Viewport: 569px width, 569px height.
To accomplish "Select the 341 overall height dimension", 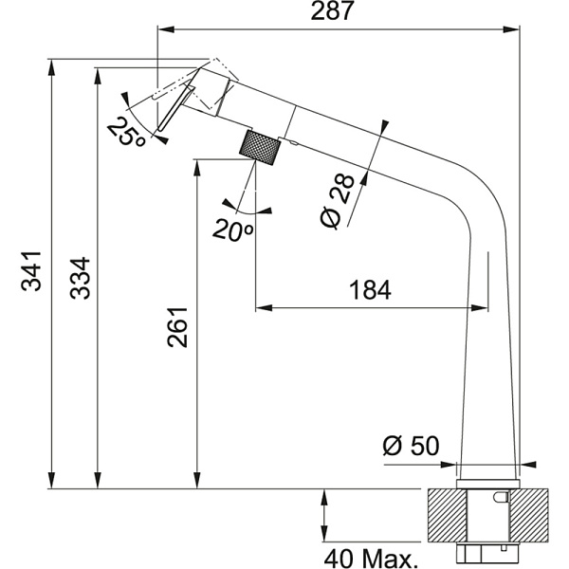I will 31,271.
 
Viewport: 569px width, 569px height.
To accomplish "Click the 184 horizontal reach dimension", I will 369,290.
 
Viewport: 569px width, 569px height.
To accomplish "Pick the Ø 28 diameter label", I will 337,202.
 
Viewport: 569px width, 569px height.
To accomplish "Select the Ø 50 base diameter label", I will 410,446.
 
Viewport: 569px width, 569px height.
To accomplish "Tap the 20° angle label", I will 232,229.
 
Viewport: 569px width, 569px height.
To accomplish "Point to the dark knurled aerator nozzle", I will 260,149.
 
